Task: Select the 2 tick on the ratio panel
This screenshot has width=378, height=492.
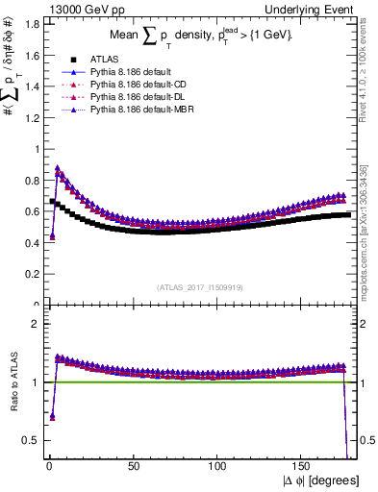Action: coord(34,324)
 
